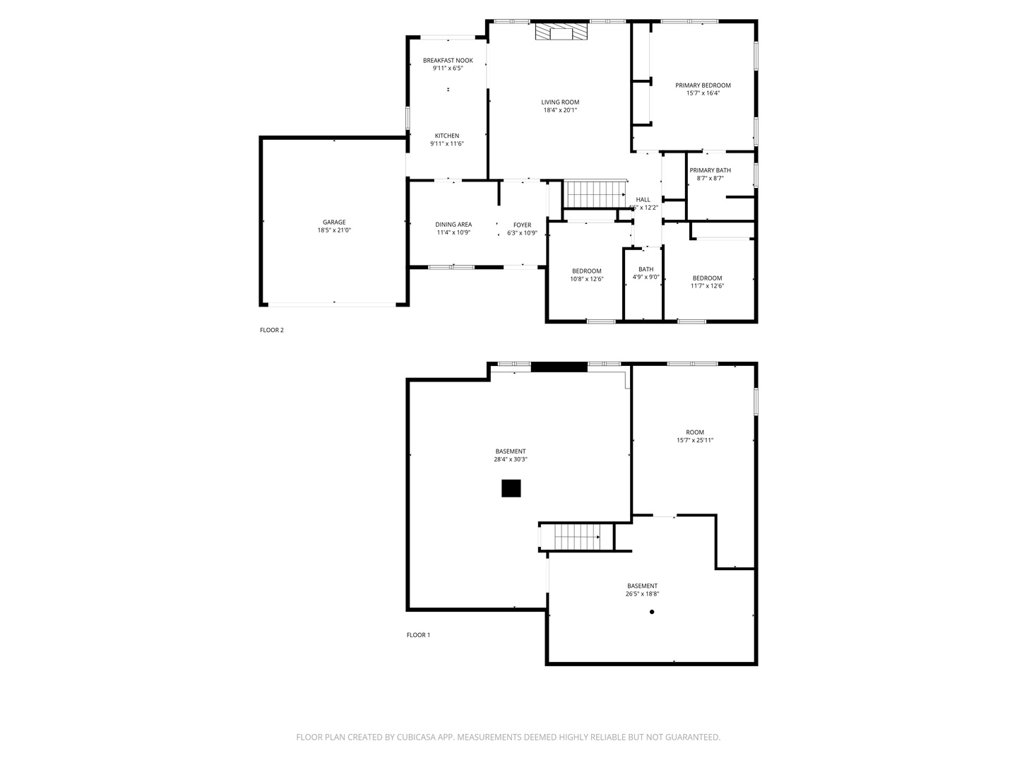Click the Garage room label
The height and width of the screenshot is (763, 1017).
click(x=334, y=223)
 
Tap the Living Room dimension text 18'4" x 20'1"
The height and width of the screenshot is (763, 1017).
click(x=560, y=110)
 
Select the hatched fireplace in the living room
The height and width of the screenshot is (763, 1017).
click(x=561, y=32)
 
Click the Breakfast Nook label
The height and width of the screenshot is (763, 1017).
click(x=448, y=61)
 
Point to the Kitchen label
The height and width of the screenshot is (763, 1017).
click(x=447, y=136)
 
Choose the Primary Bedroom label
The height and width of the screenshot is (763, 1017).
click(x=703, y=85)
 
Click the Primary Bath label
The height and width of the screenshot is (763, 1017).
click(x=710, y=170)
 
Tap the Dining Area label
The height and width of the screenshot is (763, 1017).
click(x=453, y=225)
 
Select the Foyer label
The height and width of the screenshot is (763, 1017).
click(x=522, y=225)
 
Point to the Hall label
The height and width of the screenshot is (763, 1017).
click(x=643, y=200)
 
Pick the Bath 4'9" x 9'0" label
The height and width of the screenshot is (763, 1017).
click(x=646, y=269)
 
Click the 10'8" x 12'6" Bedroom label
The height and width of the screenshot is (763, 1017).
click(x=587, y=271)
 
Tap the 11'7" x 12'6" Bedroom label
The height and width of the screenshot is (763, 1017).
click(x=707, y=278)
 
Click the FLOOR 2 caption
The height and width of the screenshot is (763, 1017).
click(x=271, y=331)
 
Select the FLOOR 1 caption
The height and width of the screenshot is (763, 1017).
click(x=418, y=635)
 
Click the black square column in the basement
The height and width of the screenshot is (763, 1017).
click(x=511, y=488)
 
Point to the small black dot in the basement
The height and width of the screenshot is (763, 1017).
click(x=652, y=612)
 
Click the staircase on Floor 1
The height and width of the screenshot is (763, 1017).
click(x=576, y=537)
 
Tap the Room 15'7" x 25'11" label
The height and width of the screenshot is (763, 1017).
click(x=695, y=432)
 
